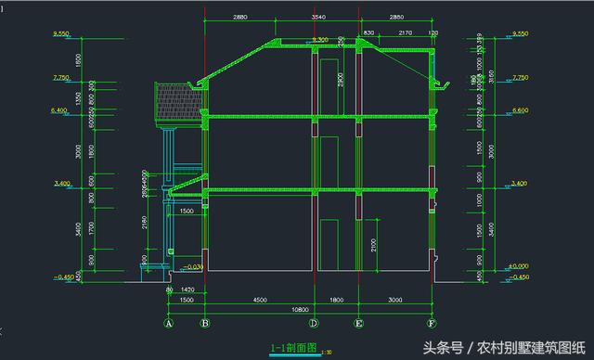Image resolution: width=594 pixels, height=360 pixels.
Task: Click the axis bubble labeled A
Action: coord(169,324)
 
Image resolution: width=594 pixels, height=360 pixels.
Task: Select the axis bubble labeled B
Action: coord(205,324)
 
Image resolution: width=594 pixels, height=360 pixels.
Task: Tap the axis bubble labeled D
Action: coord(315,324)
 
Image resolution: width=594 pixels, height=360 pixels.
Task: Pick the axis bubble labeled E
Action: coord(358,324)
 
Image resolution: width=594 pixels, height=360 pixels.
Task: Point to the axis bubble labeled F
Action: coord(432,324)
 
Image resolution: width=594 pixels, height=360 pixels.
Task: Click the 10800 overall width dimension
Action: coord(300,308)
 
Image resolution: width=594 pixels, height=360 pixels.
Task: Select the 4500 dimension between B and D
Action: coord(260,299)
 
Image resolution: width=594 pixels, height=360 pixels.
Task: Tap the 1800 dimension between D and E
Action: coord(336,299)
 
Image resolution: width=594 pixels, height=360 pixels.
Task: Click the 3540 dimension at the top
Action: coord(319,18)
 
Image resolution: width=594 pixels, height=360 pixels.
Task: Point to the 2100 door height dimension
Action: coord(370,245)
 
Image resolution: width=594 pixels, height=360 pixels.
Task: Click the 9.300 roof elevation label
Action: coord(320,40)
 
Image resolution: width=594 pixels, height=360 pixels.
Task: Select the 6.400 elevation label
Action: coord(61,110)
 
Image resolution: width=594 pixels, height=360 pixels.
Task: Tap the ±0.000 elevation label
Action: coord(517,266)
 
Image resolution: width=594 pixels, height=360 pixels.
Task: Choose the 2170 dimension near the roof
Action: coord(406,33)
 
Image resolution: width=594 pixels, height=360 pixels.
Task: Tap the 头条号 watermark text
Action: coord(443,348)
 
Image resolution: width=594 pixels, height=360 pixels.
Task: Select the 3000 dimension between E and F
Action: coord(395,299)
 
